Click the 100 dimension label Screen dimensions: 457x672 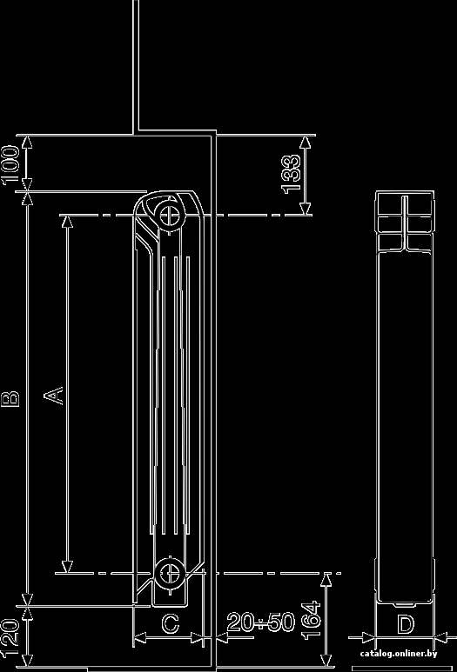coord(10,165)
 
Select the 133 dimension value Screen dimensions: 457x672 coord(291,175)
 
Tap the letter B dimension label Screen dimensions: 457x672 coord(10,398)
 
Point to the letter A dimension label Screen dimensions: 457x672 coord(55,396)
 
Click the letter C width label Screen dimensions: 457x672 coord(171,623)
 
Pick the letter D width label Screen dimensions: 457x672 coord(405,624)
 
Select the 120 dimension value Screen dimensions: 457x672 coord(10,639)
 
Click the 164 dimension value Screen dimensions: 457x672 coord(311,621)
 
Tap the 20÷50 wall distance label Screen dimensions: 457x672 coord(261,622)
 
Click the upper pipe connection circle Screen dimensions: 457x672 coord(169,214)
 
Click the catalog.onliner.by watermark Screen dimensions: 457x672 coord(399,653)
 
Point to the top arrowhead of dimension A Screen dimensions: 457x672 coord(67,222)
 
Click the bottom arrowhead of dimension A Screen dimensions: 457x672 coord(67,566)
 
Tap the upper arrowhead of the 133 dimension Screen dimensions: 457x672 coord(306,143)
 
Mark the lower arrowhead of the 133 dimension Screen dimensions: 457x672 coord(306,208)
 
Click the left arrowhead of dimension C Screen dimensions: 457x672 coord(140,638)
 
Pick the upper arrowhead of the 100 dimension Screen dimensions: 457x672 coord(27,143)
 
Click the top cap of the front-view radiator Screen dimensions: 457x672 coord(405,204)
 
